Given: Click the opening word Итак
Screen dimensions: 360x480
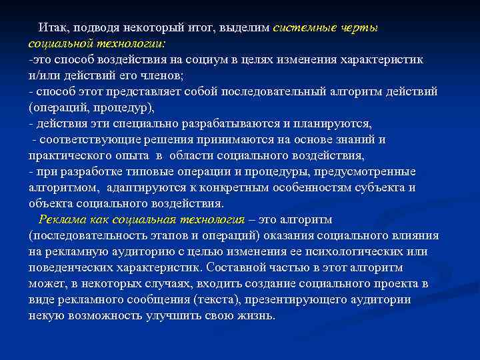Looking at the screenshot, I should pyautogui.click(x=53, y=28).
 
